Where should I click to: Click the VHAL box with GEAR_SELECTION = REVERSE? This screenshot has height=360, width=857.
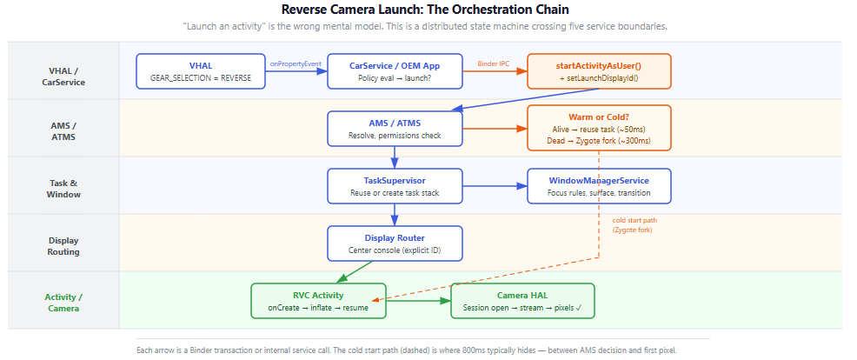201,71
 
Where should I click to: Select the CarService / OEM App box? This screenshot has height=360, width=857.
395,71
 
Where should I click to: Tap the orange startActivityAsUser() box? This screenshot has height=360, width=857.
599,71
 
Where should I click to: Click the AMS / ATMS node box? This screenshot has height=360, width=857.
395,129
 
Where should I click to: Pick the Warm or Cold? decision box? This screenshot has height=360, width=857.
599,128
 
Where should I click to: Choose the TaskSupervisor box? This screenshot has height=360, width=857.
395,186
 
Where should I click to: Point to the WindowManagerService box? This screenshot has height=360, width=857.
599,186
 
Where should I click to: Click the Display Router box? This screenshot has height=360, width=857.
395,243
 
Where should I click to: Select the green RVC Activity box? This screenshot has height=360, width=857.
317,301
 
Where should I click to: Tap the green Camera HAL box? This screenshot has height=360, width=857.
522,301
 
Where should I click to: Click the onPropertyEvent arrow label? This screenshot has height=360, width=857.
296,63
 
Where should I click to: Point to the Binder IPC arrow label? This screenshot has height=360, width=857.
494,63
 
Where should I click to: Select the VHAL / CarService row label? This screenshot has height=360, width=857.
63,76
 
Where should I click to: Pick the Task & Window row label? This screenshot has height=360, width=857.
63,188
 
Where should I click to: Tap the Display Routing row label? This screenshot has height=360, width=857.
63,245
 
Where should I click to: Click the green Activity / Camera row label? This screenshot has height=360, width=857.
63,302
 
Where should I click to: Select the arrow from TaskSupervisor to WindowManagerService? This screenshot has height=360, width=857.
495,185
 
